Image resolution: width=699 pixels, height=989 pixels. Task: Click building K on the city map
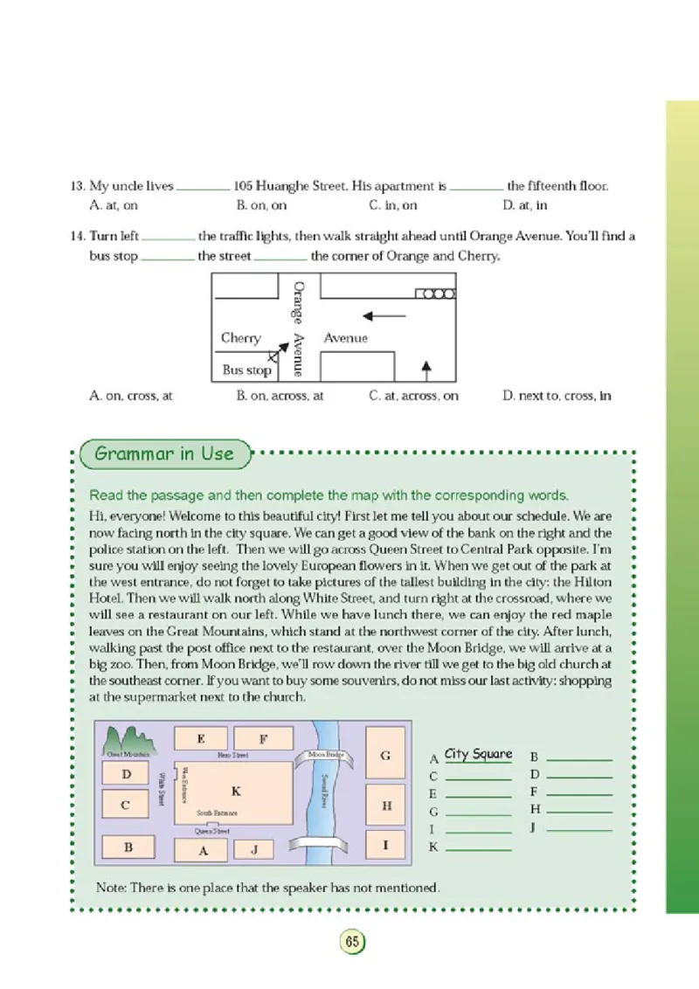234,791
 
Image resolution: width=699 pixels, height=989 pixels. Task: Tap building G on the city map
385,757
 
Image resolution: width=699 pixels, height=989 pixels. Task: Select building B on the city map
128,847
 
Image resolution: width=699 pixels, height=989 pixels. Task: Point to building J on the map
254,848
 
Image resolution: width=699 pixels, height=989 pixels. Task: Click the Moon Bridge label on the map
326,754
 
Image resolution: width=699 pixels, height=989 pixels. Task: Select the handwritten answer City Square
478,753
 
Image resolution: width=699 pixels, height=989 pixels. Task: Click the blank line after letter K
478,848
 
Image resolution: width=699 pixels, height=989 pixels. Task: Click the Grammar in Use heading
164,453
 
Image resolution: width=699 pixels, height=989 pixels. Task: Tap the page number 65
351,942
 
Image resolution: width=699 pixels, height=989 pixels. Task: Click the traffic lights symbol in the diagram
435,294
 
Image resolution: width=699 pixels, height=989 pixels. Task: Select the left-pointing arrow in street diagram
384,315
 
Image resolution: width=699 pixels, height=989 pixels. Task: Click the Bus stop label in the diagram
246,370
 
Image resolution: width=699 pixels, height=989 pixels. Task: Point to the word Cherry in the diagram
240,338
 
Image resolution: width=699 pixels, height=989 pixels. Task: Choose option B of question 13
261,205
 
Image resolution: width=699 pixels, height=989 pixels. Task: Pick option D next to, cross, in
557,395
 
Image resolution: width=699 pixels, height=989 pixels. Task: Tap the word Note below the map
111,887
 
